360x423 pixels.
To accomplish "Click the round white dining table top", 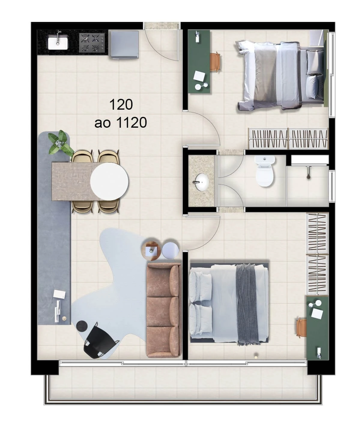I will pos(110,181).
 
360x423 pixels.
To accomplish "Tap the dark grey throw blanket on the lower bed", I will pos(246,303).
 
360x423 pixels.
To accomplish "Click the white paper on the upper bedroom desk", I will pos(199,76).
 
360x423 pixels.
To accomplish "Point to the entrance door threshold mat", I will pos(162,26).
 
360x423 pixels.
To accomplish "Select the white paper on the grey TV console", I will pos(59,294).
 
